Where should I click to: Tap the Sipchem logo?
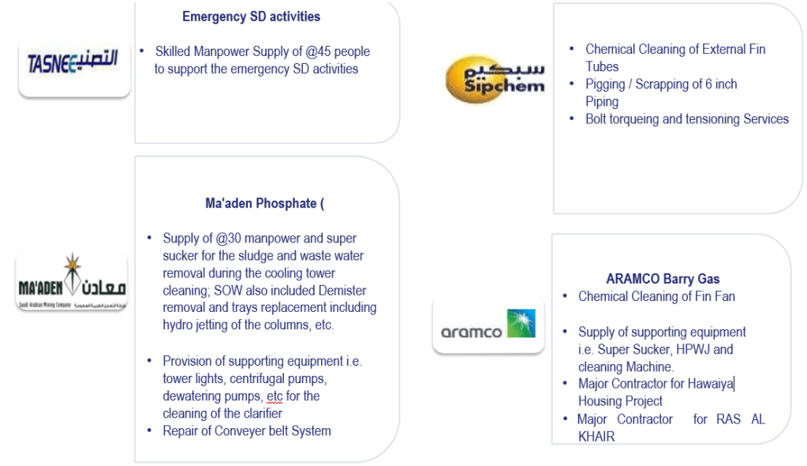(495, 78)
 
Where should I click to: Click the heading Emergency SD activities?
(251, 17)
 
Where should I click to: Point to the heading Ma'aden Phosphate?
(264, 204)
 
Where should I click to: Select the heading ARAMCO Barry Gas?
(663, 279)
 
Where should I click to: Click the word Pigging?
(608, 85)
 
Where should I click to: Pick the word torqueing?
(644, 119)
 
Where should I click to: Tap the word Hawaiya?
(709, 384)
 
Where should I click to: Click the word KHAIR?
(596, 436)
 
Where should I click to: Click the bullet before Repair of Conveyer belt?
(151, 430)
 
